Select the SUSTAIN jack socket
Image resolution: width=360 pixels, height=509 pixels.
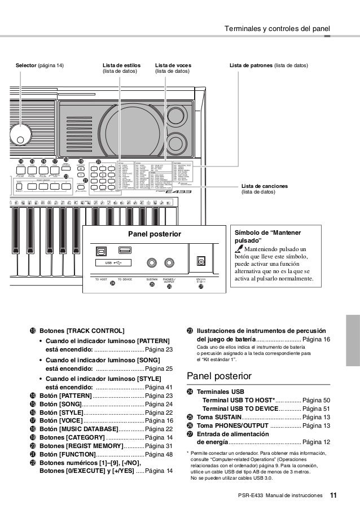coord(152,262)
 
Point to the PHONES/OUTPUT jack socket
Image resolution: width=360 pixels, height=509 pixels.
coord(169,262)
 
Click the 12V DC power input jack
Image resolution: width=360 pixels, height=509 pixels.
coord(200,261)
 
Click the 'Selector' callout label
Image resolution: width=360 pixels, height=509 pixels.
coord(39,66)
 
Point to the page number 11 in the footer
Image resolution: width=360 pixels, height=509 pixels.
coord(333,495)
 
